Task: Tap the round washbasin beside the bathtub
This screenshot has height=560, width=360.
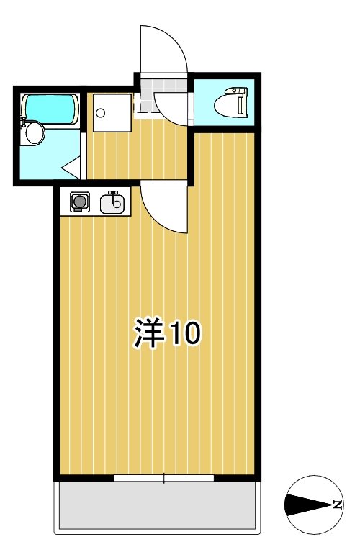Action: (33, 133)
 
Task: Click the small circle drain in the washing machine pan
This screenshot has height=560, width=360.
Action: (101, 112)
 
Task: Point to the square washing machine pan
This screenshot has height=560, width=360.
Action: (112, 112)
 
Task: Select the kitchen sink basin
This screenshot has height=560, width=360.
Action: (112, 205)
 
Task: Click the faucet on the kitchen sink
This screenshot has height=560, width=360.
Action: (112, 194)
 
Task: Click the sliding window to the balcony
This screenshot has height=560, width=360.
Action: (164, 477)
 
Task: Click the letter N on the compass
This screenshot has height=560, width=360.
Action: (336, 505)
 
